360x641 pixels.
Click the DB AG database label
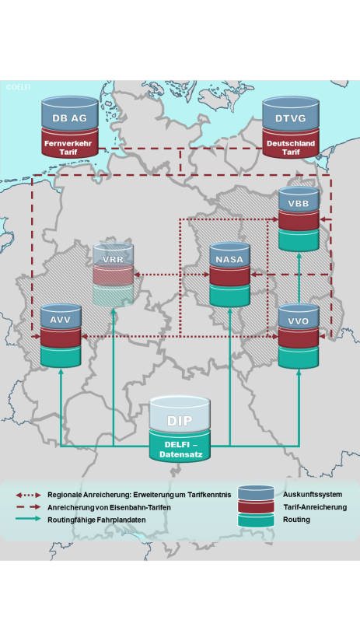coord(69,118)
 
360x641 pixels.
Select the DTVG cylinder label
coord(291,118)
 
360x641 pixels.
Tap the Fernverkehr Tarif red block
coord(70,142)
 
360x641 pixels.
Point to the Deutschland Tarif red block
coord(291,143)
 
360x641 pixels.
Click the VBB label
coord(299,204)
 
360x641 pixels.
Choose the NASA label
coord(229,259)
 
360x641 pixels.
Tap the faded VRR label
coord(114,259)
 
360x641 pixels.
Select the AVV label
coord(61,320)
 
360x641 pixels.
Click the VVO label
coord(299,321)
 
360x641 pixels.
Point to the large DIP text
coord(180,421)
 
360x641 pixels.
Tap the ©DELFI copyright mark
coord(18,86)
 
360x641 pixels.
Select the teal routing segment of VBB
coord(299,240)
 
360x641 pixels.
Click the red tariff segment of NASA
coord(229,276)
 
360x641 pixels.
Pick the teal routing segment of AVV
coord(61,356)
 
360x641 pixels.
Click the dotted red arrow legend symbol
coord(28,495)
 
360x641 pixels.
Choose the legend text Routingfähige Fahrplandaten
coord(96,520)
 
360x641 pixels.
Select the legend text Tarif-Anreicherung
coord(315,507)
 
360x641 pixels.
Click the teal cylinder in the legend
coord(257,520)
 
